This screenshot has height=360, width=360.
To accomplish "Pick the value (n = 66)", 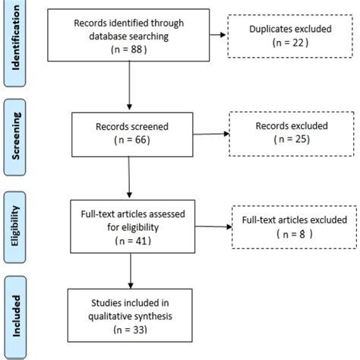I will point(131,141).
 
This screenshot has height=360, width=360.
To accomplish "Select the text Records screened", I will point(131,128).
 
